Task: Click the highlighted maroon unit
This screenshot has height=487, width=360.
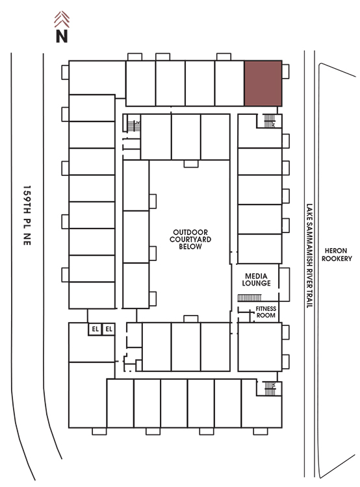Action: (263, 84)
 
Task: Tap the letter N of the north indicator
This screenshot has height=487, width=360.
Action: (62, 36)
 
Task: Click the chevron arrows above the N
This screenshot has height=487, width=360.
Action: (62, 19)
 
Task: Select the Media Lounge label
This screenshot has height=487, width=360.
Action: (256, 279)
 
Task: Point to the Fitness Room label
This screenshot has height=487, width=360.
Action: (266, 312)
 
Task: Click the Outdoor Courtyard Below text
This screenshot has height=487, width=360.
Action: (190, 239)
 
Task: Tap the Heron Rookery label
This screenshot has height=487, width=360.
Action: (337, 255)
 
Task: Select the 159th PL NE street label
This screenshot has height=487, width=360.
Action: (27, 215)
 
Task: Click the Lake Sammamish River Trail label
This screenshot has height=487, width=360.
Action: (309, 256)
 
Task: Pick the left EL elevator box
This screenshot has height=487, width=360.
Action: (95, 329)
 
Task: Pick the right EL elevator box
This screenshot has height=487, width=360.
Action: (109, 329)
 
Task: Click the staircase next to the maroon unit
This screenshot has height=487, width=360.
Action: (270, 121)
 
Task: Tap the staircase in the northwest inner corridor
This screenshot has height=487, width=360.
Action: (134, 126)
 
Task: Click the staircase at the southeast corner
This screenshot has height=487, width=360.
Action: (270, 388)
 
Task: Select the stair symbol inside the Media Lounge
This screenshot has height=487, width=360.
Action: (250, 298)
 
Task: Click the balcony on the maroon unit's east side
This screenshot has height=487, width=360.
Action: (285, 71)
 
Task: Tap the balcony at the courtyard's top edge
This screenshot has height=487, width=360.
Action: (191, 164)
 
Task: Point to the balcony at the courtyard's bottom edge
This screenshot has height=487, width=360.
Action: (191, 319)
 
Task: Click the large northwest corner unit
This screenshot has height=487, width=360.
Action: (97, 78)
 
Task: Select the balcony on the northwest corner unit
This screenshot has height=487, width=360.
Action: (65, 72)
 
